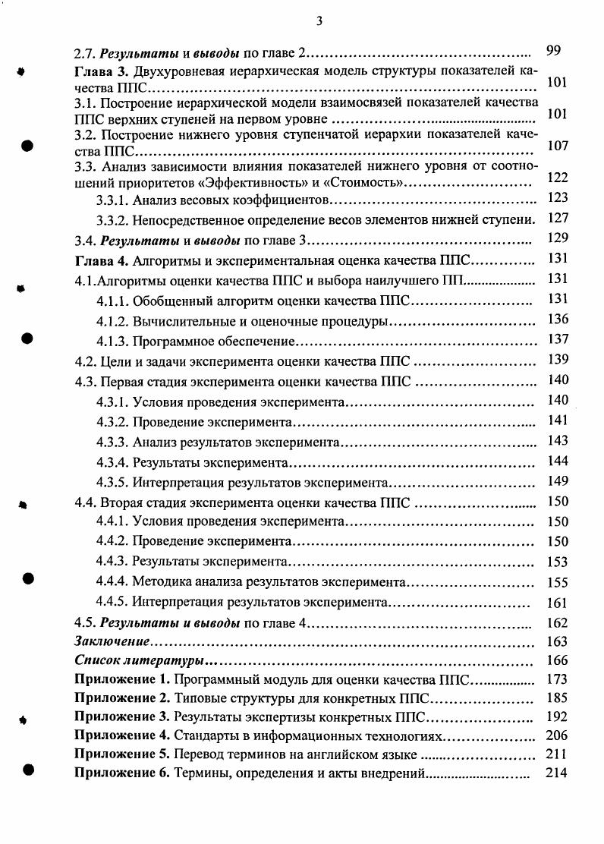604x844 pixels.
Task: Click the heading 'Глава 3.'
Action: tap(101, 72)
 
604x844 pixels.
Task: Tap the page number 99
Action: tap(553, 51)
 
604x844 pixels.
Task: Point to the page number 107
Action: tap(557, 145)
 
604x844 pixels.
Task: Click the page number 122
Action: tap(557, 178)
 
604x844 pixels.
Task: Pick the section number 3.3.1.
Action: tap(112, 200)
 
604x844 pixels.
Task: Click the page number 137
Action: tap(557, 339)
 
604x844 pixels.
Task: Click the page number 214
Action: tap(557, 773)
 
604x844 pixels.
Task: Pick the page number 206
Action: tap(557, 735)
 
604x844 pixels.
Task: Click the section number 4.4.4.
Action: tap(112, 584)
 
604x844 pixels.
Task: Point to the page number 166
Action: tap(557, 660)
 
